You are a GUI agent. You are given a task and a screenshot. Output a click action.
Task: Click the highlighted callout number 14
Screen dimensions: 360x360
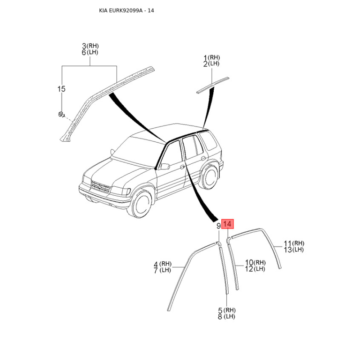227,224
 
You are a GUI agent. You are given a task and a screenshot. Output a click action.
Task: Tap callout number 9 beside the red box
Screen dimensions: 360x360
219,226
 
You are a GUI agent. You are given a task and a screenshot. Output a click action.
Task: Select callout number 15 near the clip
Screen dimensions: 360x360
61,89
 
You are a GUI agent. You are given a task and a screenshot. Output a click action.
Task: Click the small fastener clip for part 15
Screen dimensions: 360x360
61,114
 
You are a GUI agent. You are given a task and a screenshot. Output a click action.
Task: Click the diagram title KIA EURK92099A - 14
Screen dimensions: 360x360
126,10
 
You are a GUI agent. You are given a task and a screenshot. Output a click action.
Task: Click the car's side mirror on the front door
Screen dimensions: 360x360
165,166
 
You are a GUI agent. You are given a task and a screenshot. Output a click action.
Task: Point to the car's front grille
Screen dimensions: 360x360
100,186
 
